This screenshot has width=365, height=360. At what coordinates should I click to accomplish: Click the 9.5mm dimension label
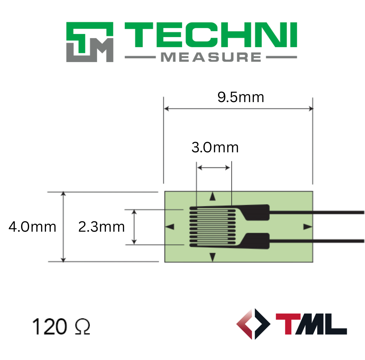(241, 97)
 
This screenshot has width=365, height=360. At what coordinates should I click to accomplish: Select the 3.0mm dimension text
(215, 148)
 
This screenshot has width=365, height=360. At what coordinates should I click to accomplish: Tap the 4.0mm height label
(32, 227)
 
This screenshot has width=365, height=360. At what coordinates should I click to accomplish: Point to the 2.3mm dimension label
(101, 227)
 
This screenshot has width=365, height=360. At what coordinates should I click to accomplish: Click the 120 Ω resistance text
(61, 326)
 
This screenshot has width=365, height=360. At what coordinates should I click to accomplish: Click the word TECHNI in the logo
(211, 35)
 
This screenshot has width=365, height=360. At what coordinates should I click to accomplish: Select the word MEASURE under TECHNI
(211, 57)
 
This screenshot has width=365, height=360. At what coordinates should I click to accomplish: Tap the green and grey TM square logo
(90, 42)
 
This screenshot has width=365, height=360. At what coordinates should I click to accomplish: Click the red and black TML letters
(311, 324)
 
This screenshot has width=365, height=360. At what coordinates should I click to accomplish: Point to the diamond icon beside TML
(253, 324)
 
